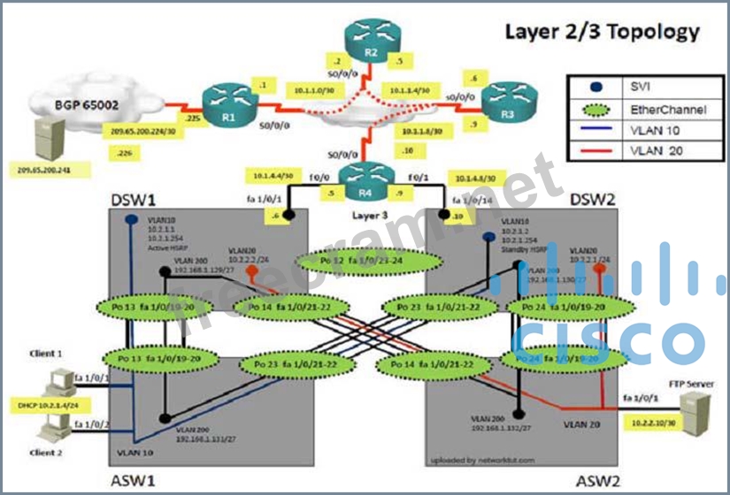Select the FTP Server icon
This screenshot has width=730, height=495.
click(x=695, y=408)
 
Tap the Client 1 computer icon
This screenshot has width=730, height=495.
click(x=56, y=382)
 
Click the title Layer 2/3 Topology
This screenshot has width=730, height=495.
click(x=602, y=33)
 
